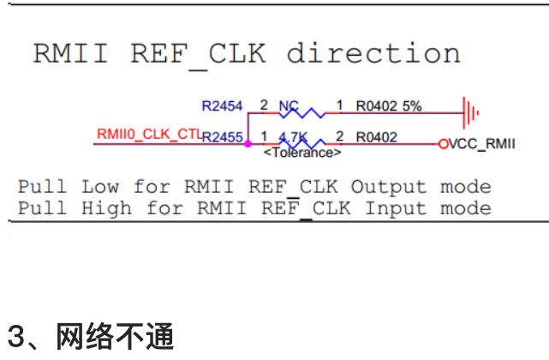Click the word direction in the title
point(373,53)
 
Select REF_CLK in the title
point(198,53)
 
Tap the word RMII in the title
point(70,53)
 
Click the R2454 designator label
point(222,107)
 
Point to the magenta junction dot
point(248,144)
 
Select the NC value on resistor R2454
point(289,107)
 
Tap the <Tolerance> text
point(302,153)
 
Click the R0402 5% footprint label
point(389,107)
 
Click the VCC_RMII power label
point(482,144)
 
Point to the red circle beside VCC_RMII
point(443,144)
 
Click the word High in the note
point(114,208)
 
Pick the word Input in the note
point(395,208)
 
